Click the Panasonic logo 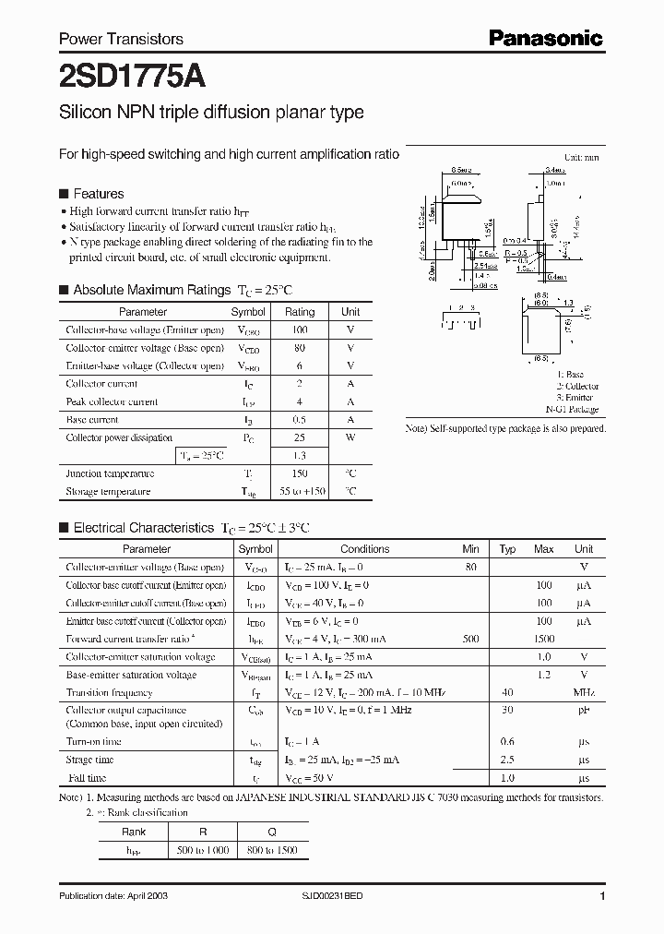pyautogui.click(x=545, y=38)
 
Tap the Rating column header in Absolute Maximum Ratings pyautogui.click(x=300, y=312)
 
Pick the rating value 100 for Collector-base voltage pyautogui.click(x=300, y=330)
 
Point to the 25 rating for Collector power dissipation pyautogui.click(x=300, y=437)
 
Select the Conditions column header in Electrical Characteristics pyautogui.click(x=364, y=549)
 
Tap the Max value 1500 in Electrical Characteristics pyautogui.click(x=543, y=639)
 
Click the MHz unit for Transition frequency pyautogui.click(x=583, y=692)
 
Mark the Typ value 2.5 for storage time pyautogui.click(x=507, y=760)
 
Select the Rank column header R pyautogui.click(x=202, y=832)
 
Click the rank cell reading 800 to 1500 pyautogui.click(x=272, y=850)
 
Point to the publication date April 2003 pyautogui.click(x=113, y=896)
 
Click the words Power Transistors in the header pyautogui.click(x=121, y=39)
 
